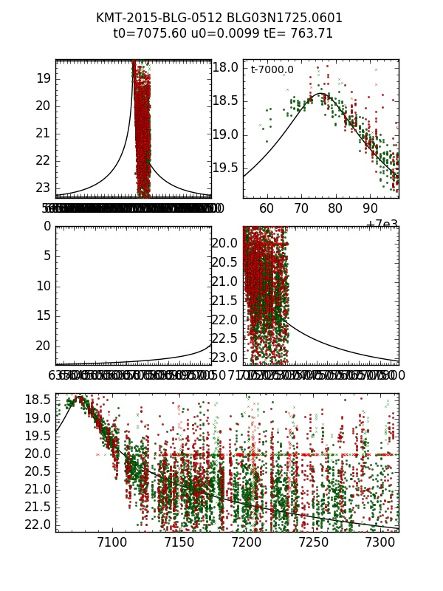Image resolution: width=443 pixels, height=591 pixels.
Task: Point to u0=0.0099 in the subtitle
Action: click(x=220, y=33)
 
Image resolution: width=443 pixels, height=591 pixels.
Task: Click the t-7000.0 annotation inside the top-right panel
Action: click(x=272, y=70)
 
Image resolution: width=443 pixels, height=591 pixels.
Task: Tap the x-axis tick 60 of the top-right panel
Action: click(x=267, y=209)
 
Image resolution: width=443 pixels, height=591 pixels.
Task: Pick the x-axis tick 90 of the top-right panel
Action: click(x=371, y=209)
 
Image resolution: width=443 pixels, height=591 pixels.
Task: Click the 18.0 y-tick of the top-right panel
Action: click(x=229, y=67)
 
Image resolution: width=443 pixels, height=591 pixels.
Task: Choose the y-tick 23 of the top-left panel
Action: click(x=44, y=188)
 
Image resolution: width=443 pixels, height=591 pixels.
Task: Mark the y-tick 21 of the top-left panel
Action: click(x=44, y=133)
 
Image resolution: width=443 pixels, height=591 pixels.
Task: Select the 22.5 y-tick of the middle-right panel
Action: click(x=229, y=338)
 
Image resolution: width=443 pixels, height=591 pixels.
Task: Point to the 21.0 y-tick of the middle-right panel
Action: click(x=229, y=281)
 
